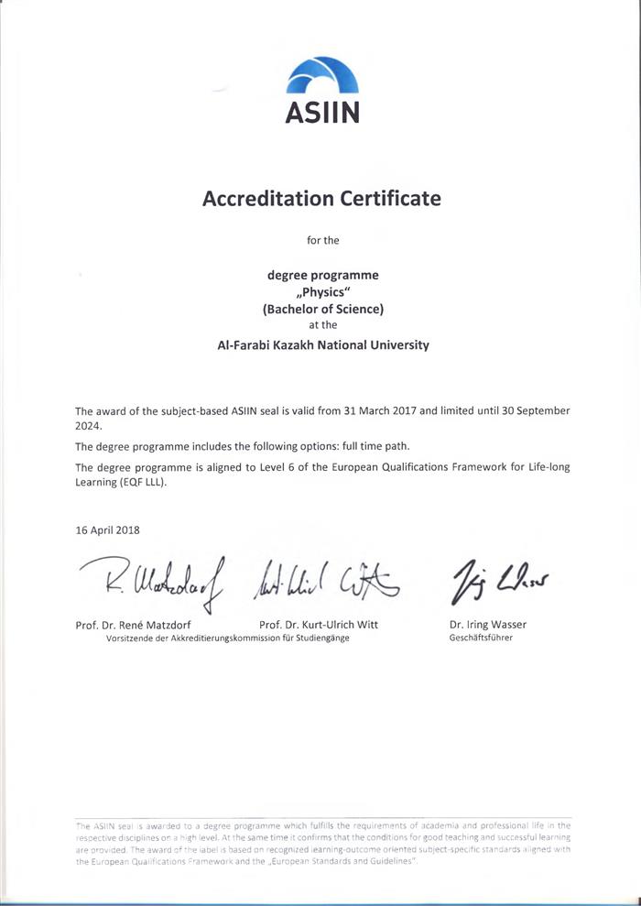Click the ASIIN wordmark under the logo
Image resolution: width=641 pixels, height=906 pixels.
pyautogui.click(x=321, y=112)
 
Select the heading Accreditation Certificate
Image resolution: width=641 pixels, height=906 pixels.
pyautogui.click(x=321, y=198)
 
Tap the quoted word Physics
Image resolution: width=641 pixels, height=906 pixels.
pyautogui.click(x=322, y=291)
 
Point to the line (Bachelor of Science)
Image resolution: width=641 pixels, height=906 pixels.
pyautogui.click(x=322, y=309)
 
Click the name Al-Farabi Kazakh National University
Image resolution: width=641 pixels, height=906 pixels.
pyautogui.click(x=322, y=345)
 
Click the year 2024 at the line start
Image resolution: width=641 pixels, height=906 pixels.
pyautogui.click(x=89, y=426)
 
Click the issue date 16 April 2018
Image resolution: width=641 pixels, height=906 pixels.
pyautogui.click(x=108, y=529)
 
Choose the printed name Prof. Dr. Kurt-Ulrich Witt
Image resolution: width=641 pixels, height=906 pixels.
pyautogui.click(x=319, y=625)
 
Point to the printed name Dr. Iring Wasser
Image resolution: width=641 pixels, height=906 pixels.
pyautogui.click(x=488, y=625)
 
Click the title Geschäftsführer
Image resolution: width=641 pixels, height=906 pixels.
pyautogui.click(x=481, y=638)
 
